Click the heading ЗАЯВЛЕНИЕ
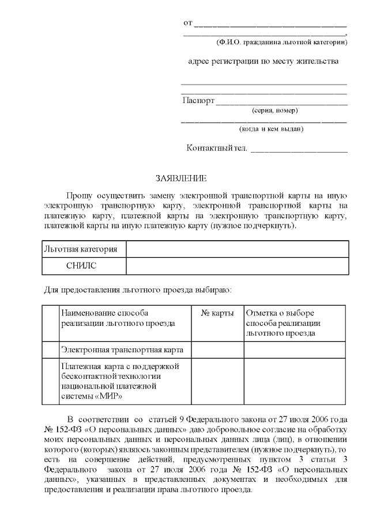pos(181,179)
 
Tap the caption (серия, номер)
pos(275,110)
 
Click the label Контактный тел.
pos(217,149)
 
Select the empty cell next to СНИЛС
pos(237,266)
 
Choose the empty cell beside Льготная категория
pos(237,249)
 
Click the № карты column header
pos(217,313)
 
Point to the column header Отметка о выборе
pos(280,313)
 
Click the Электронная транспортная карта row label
pos(122,349)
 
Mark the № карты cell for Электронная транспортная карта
pos(217,349)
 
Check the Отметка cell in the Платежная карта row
pos(296,381)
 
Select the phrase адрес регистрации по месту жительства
pos(263,61)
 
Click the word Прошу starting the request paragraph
pos(78,196)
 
